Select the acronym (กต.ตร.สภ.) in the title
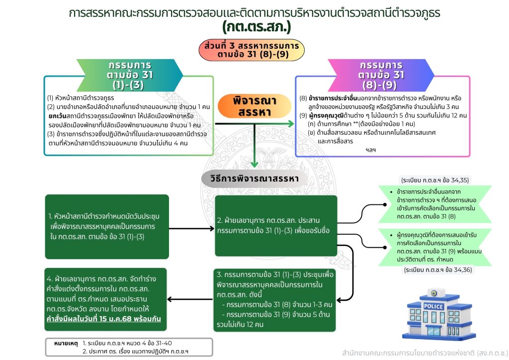(x=256, y=26)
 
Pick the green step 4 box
(x=105, y=299)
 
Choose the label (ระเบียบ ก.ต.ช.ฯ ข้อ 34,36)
(x=438, y=270)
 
